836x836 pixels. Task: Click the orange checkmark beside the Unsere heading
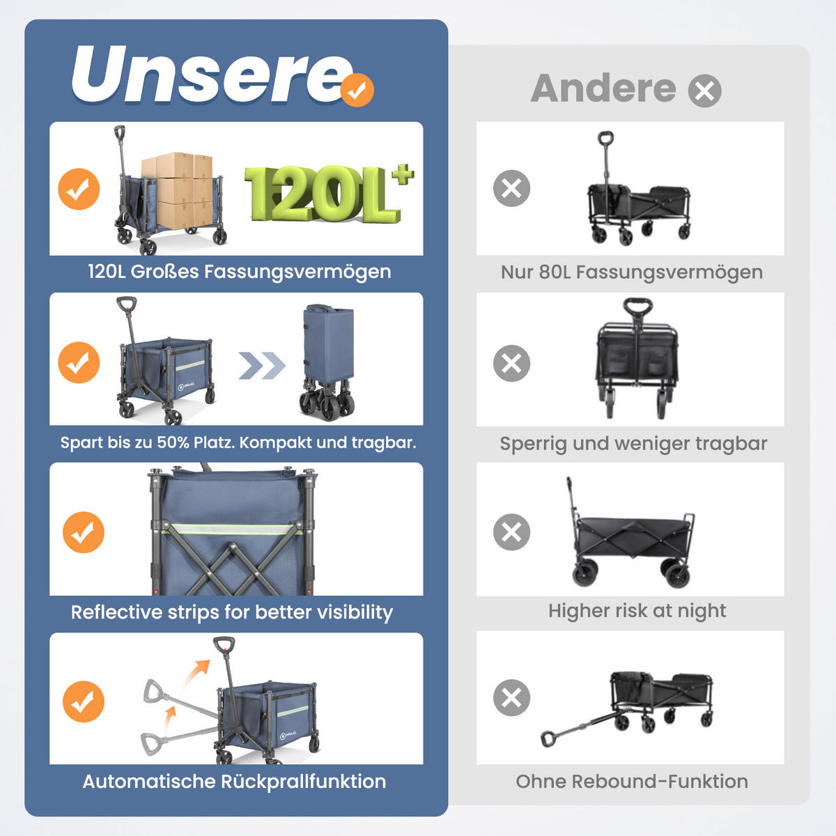357,91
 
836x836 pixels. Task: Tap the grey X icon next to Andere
704,91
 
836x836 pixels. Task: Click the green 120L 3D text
328,194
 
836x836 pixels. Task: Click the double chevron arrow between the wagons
262,366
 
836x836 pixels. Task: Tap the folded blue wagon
327,362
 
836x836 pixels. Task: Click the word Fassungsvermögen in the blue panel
297,272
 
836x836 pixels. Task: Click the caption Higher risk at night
637,611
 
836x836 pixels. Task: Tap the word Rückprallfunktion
303,782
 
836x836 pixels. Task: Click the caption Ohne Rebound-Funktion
632,782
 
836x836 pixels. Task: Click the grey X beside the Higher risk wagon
511,532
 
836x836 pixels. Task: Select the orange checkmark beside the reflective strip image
84,532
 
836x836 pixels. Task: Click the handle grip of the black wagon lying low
548,738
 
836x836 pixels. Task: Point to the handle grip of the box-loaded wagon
120,133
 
